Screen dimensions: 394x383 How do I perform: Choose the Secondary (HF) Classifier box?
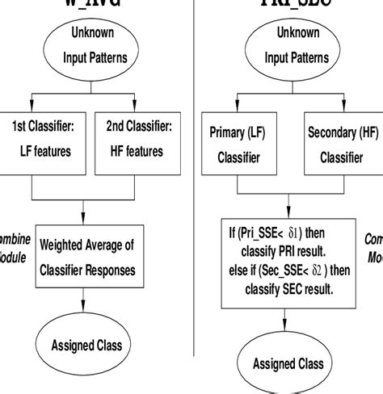[x=338, y=145]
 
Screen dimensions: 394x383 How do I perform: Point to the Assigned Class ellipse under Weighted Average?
[x=86, y=345]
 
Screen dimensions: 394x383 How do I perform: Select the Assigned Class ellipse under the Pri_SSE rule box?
[x=287, y=363]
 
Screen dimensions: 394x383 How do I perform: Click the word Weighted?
[x=65, y=245]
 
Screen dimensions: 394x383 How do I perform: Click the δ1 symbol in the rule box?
[x=316, y=234]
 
